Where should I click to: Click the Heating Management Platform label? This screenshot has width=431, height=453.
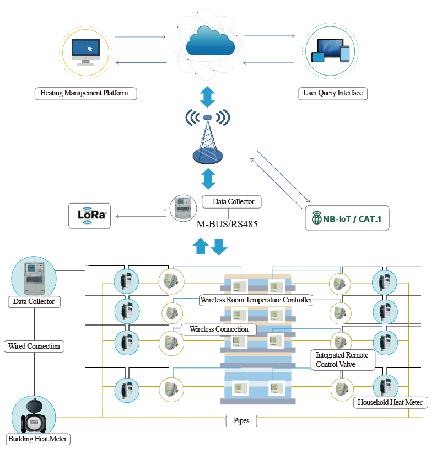84,93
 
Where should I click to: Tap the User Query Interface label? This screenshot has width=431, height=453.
333,93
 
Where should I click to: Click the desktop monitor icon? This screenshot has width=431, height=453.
85,52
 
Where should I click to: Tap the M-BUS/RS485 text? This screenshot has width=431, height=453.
227,225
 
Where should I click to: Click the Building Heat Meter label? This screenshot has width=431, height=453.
39,439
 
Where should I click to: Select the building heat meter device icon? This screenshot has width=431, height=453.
34,417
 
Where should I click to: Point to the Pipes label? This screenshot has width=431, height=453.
241,421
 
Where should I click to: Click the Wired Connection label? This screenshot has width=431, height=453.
34,347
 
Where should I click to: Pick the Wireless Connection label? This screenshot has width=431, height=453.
219,329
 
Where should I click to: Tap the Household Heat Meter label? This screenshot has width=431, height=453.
390,402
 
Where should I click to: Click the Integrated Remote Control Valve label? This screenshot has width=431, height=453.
342,359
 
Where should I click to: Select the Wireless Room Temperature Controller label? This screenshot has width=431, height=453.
256,300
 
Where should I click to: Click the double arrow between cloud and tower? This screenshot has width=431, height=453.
207,97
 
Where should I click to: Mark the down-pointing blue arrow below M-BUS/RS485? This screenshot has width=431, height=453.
219,247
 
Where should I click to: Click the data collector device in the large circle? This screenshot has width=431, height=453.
34,278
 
